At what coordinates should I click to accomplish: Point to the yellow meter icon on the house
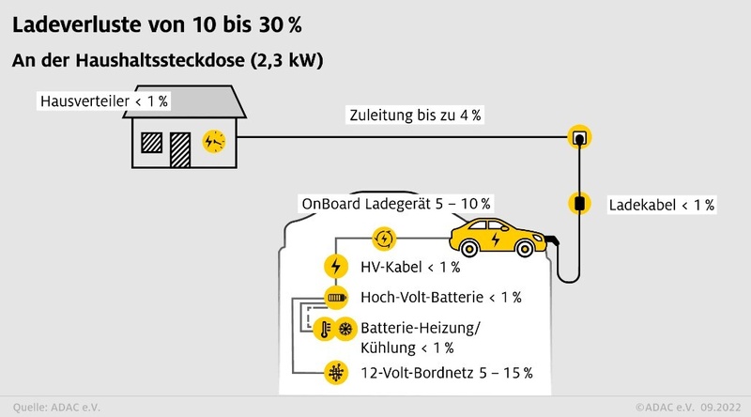tap(214, 140)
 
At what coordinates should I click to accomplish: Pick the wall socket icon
tap(579, 139)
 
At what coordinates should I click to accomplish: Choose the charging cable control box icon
tap(579, 202)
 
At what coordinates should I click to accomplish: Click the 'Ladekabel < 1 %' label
tap(662, 204)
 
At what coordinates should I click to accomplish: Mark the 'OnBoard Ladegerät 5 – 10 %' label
tap(396, 203)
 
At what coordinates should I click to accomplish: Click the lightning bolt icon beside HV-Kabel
tap(334, 266)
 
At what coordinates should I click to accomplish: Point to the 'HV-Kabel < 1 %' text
tap(410, 267)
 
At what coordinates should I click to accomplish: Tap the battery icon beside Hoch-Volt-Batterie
tap(335, 298)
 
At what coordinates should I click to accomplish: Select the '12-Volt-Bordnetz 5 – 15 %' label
tap(447, 372)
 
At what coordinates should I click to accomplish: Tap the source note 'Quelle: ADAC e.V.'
tap(54, 408)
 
